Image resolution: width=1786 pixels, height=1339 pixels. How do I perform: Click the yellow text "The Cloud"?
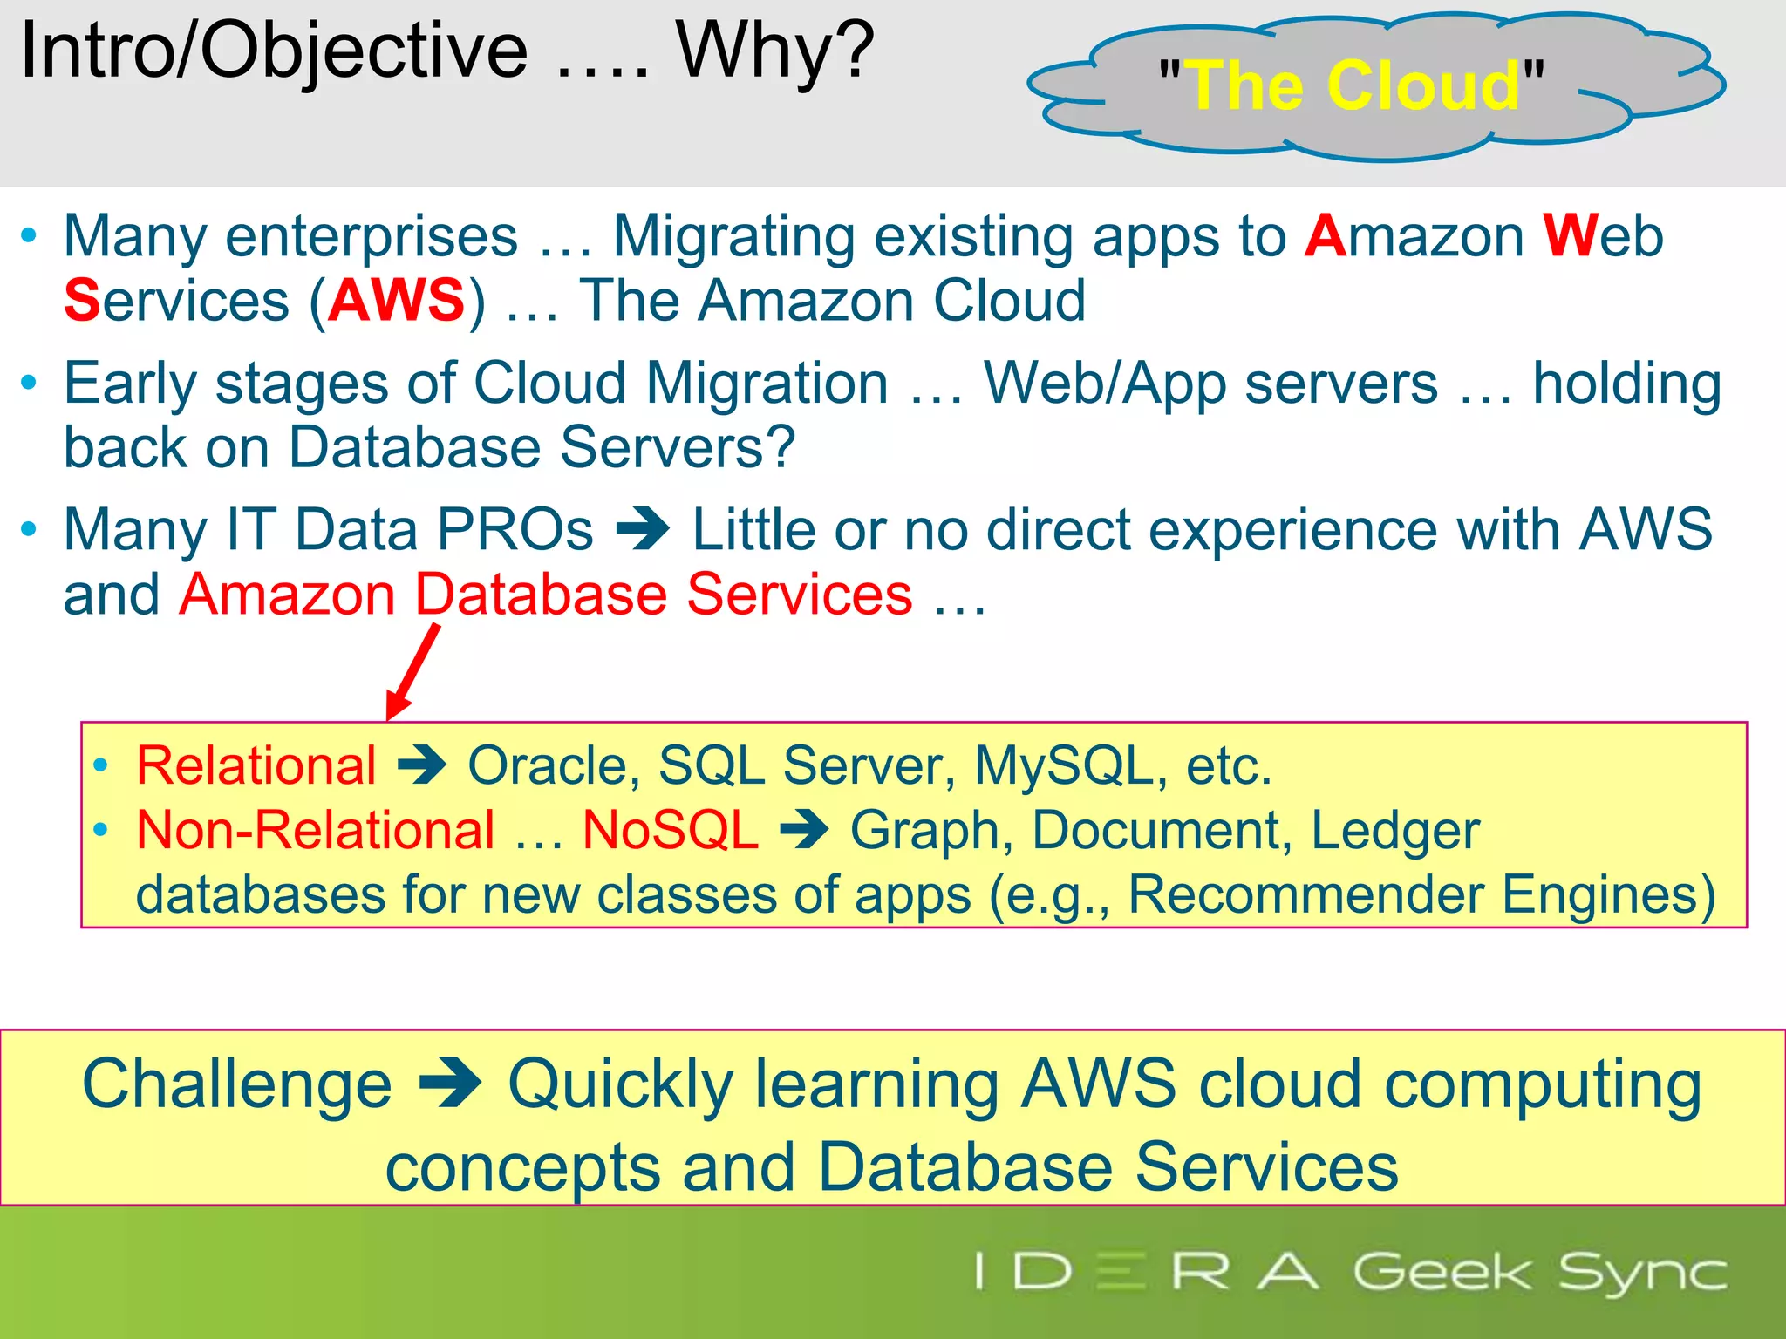(x=1354, y=85)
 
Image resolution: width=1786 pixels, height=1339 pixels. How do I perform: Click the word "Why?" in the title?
(x=775, y=51)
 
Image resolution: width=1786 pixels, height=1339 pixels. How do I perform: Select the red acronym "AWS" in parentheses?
(x=397, y=300)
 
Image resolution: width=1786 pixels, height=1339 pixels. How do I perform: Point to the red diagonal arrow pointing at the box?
(x=412, y=671)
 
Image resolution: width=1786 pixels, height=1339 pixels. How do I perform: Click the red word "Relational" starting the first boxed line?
(x=256, y=765)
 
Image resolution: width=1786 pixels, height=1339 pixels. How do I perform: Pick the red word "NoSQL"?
(x=670, y=829)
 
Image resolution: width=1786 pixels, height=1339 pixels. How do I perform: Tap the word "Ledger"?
(x=1395, y=829)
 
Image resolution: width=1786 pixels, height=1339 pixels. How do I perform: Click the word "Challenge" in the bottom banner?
(x=237, y=1084)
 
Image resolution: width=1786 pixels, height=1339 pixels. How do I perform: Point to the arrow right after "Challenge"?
(x=450, y=1084)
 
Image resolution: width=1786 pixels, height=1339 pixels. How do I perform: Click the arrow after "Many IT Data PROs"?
(x=643, y=529)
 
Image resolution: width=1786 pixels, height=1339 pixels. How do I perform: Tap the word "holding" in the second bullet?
(x=1626, y=384)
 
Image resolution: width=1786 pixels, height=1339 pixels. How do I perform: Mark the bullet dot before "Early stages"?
(x=30, y=383)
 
